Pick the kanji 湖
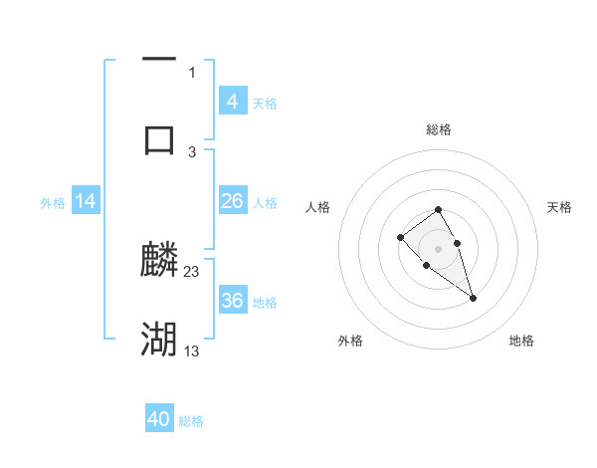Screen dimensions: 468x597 tap(159, 340)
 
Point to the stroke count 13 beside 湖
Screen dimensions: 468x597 tap(192, 351)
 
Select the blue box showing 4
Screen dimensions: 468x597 tap(233, 102)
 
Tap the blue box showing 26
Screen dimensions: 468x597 tap(233, 201)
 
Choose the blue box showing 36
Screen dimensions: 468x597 tap(233, 301)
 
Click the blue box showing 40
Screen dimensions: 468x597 tap(159, 419)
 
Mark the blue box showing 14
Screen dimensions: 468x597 tap(86, 201)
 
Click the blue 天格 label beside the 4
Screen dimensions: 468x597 tap(265, 104)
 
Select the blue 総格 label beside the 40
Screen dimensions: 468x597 tap(191, 421)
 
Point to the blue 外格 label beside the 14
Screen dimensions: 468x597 tap(53, 203)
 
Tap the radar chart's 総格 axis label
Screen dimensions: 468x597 tap(439, 129)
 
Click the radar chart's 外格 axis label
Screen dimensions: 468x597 tap(350, 341)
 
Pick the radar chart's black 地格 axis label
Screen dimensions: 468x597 tap(521, 341)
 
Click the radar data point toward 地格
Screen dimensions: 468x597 tap(473, 298)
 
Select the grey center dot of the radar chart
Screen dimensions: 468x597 tap(439, 248)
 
